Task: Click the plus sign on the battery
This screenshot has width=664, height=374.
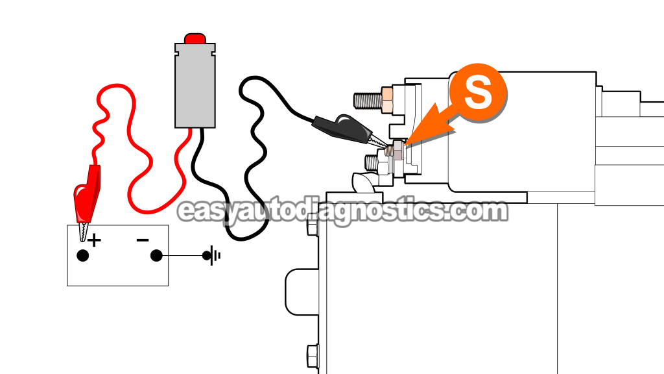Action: click(95, 241)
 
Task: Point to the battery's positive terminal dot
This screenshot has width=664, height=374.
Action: click(82, 255)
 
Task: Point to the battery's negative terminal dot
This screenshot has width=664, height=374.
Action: click(156, 255)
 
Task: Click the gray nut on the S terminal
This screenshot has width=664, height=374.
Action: click(396, 153)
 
